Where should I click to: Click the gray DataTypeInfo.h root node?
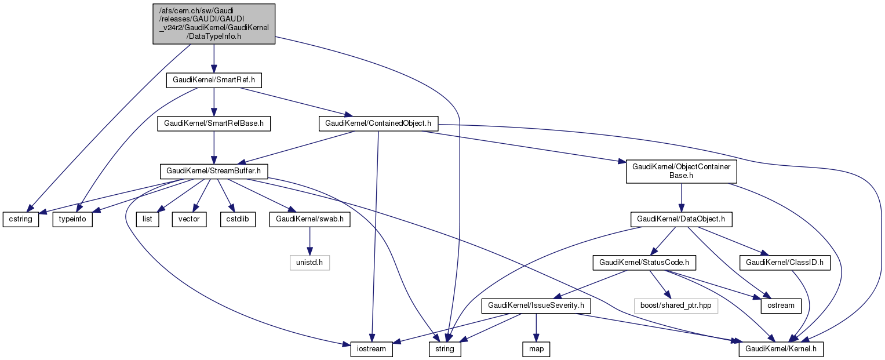(x=214, y=24)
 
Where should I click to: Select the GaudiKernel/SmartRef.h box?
(x=207, y=80)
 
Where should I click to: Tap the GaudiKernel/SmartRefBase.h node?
(x=214, y=123)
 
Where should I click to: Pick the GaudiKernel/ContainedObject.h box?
(x=378, y=123)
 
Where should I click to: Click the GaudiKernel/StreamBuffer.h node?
(x=214, y=171)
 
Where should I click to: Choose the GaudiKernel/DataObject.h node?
(x=681, y=220)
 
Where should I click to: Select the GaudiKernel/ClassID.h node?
(x=785, y=263)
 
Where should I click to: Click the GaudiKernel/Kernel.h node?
(x=781, y=350)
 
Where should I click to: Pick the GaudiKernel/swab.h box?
(x=309, y=220)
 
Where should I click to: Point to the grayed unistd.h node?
(x=309, y=263)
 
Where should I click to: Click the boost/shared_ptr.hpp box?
(x=675, y=306)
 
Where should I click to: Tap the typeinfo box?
(x=73, y=220)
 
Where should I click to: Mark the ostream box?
(x=781, y=306)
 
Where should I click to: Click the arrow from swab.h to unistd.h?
(x=309, y=241)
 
